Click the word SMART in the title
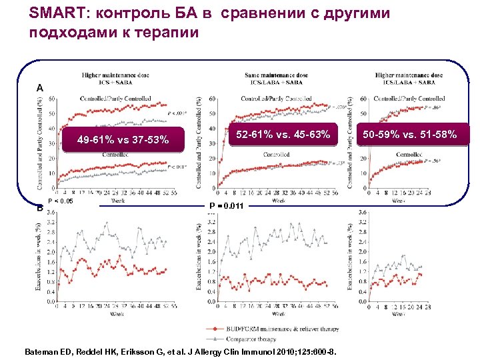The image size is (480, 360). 54,14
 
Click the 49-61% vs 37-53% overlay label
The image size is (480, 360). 123,140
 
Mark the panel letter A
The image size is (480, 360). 40,87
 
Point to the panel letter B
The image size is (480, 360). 40,207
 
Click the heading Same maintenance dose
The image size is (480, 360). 277,75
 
